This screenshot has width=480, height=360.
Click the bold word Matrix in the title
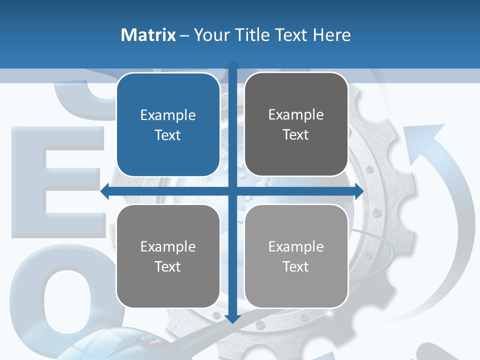[148, 35]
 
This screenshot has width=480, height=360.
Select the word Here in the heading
[332, 35]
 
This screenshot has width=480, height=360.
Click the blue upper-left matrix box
[168, 124]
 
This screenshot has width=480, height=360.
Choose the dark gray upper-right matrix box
[296, 124]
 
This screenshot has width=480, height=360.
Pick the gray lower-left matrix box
[168, 256]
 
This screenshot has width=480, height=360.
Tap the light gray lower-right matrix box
[296, 256]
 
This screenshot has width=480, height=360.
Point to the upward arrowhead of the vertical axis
[232, 64]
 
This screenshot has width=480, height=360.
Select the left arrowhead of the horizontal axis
[105, 191]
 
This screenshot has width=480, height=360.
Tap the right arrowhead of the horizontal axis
[359, 191]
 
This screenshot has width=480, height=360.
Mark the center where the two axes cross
[232, 191]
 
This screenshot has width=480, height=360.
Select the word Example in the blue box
[168, 115]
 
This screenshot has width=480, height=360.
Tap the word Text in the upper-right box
[296, 135]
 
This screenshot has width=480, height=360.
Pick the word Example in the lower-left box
[168, 246]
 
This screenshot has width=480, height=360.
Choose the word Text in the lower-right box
[296, 266]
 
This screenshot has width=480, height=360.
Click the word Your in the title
[211, 35]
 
